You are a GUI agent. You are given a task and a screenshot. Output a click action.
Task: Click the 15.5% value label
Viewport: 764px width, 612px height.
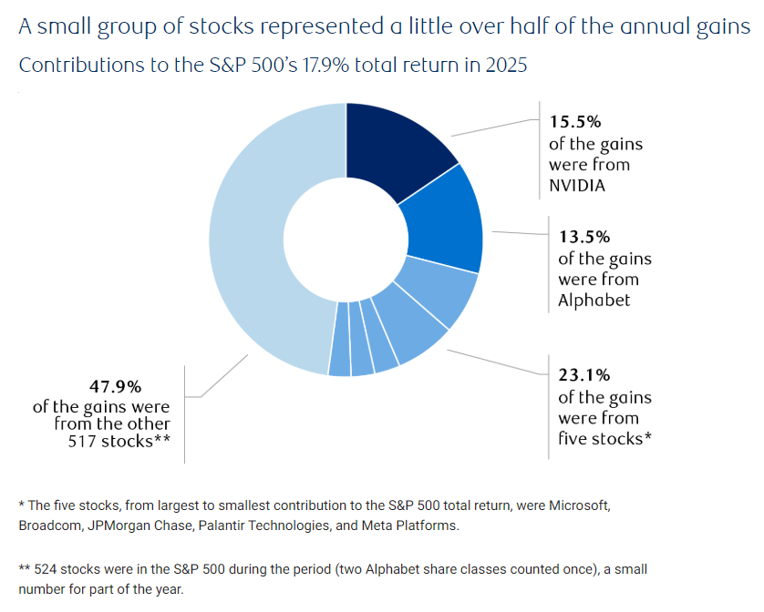tap(574, 121)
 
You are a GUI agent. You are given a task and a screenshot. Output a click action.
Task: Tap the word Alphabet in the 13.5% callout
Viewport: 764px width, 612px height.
tap(594, 300)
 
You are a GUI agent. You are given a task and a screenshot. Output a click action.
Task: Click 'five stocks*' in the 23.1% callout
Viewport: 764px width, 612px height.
tap(604, 438)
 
